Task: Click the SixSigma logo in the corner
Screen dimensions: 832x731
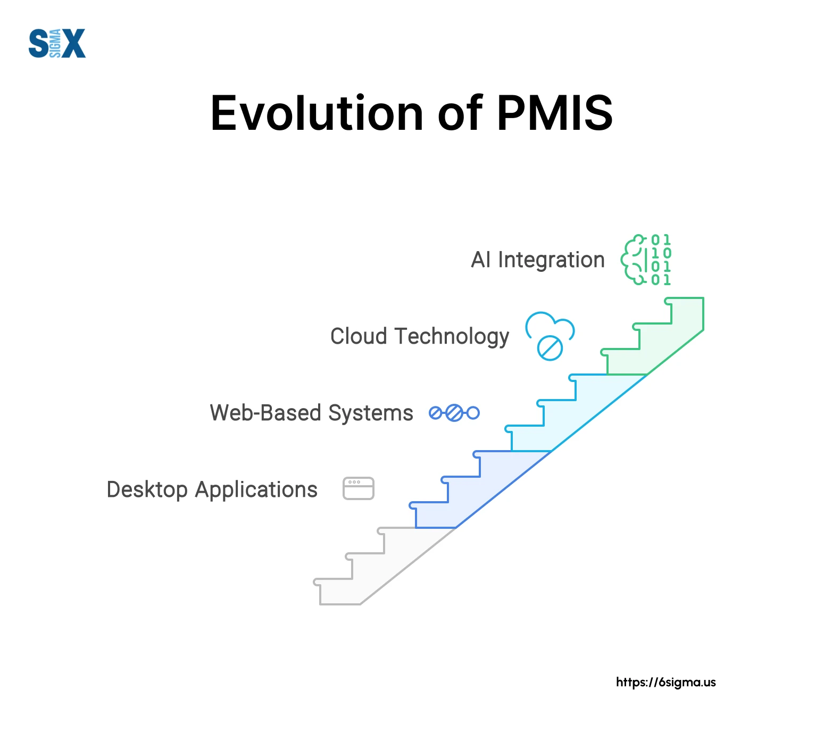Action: [57, 43]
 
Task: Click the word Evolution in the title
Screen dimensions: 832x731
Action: [317, 113]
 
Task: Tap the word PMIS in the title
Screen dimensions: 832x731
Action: [555, 113]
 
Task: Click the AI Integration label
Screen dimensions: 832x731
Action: [538, 260]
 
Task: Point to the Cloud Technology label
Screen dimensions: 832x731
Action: [420, 337]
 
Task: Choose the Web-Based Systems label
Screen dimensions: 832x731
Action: [311, 413]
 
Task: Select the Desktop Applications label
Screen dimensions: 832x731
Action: [212, 490]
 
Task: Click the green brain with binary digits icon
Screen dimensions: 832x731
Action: [646, 260]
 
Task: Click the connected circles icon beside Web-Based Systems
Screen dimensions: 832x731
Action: [454, 413]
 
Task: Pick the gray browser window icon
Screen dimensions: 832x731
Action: [359, 488]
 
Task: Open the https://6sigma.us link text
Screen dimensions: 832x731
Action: [666, 683]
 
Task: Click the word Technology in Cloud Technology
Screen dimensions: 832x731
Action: [451, 337]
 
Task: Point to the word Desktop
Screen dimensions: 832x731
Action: [147, 490]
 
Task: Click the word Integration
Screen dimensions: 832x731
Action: [552, 260]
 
